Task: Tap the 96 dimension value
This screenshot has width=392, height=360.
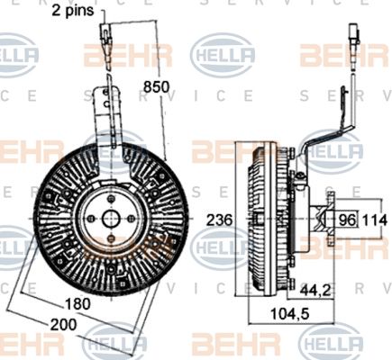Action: [x=346, y=218]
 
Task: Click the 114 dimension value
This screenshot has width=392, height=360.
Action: [x=377, y=218]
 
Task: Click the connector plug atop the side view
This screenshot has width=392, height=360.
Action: [x=352, y=40]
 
